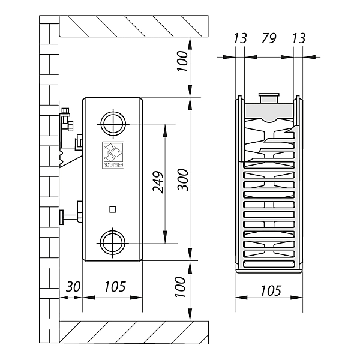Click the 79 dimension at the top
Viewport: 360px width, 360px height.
pos(269,38)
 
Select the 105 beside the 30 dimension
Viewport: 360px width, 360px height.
pos(114,286)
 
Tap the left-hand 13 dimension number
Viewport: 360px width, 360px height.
pos(239,38)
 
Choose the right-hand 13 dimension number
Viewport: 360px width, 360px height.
pos(298,38)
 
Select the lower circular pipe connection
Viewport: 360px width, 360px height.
pos(112,242)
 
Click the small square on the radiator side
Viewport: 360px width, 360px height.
pos(112,209)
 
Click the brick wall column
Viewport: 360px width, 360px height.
pos(49,180)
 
